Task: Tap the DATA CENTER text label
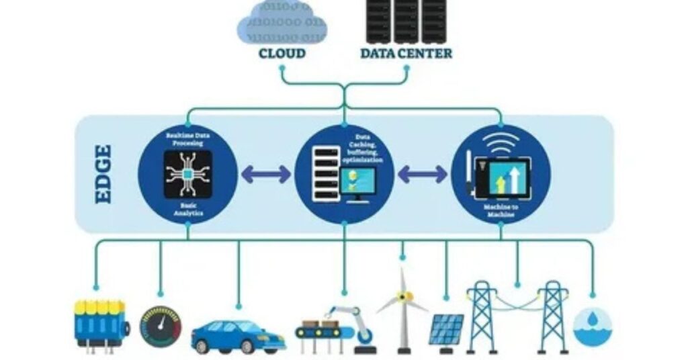(406, 53)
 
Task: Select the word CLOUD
(282, 53)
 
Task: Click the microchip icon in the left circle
(187, 174)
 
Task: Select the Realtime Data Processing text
(187, 140)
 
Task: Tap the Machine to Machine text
(501, 210)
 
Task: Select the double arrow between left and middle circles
(265, 175)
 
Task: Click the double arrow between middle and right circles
(422, 175)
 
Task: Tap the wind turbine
(402, 306)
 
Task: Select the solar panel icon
(446, 329)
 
